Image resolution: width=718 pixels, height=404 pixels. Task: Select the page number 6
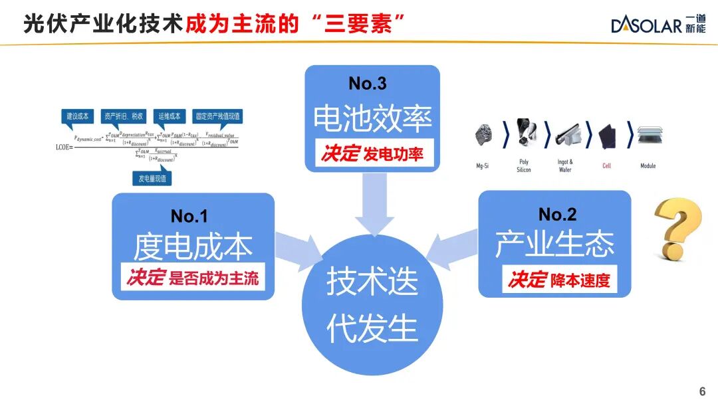[x=702, y=391]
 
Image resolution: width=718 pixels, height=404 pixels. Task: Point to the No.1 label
[x=189, y=216]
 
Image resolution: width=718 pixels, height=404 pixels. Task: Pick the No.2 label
[x=557, y=214]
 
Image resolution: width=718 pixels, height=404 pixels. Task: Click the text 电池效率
[x=372, y=118]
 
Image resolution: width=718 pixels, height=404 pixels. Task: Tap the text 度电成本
[x=193, y=247]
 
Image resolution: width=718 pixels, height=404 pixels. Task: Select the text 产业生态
[x=554, y=245]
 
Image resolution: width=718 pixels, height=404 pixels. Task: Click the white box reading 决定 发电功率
[x=372, y=154]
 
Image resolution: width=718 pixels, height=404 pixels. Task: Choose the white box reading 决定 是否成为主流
[x=193, y=277]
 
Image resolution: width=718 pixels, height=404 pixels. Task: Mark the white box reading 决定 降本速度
[x=558, y=280]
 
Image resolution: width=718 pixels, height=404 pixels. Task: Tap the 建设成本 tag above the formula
[x=78, y=116]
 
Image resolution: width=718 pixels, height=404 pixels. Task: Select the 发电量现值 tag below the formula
[x=152, y=179]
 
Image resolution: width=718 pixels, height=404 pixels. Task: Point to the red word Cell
[x=606, y=166]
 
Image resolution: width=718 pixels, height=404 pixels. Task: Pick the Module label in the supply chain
[x=648, y=166]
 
